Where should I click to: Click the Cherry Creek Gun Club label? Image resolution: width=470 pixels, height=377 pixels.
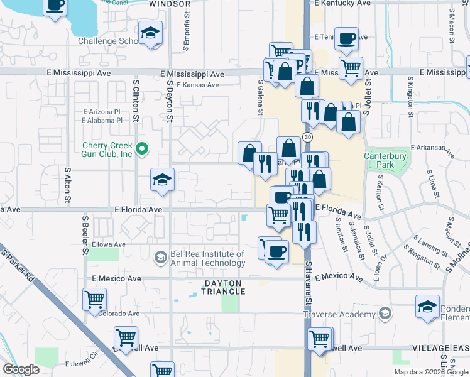[107, 150]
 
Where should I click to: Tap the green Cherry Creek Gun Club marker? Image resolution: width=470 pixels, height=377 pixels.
[142, 149]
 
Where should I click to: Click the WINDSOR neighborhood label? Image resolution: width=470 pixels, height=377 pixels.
[170, 4]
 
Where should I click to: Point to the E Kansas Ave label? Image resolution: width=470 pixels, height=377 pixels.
[197, 85]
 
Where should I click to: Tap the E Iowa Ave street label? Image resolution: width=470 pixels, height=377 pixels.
[108, 244]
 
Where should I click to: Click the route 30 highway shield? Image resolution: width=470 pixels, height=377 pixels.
[307, 136]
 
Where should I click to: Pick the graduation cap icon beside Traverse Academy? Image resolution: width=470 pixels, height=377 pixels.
[427, 307]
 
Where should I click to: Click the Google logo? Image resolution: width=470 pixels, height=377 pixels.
[21, 369]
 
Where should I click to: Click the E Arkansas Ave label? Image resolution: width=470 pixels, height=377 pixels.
[432, 149]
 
